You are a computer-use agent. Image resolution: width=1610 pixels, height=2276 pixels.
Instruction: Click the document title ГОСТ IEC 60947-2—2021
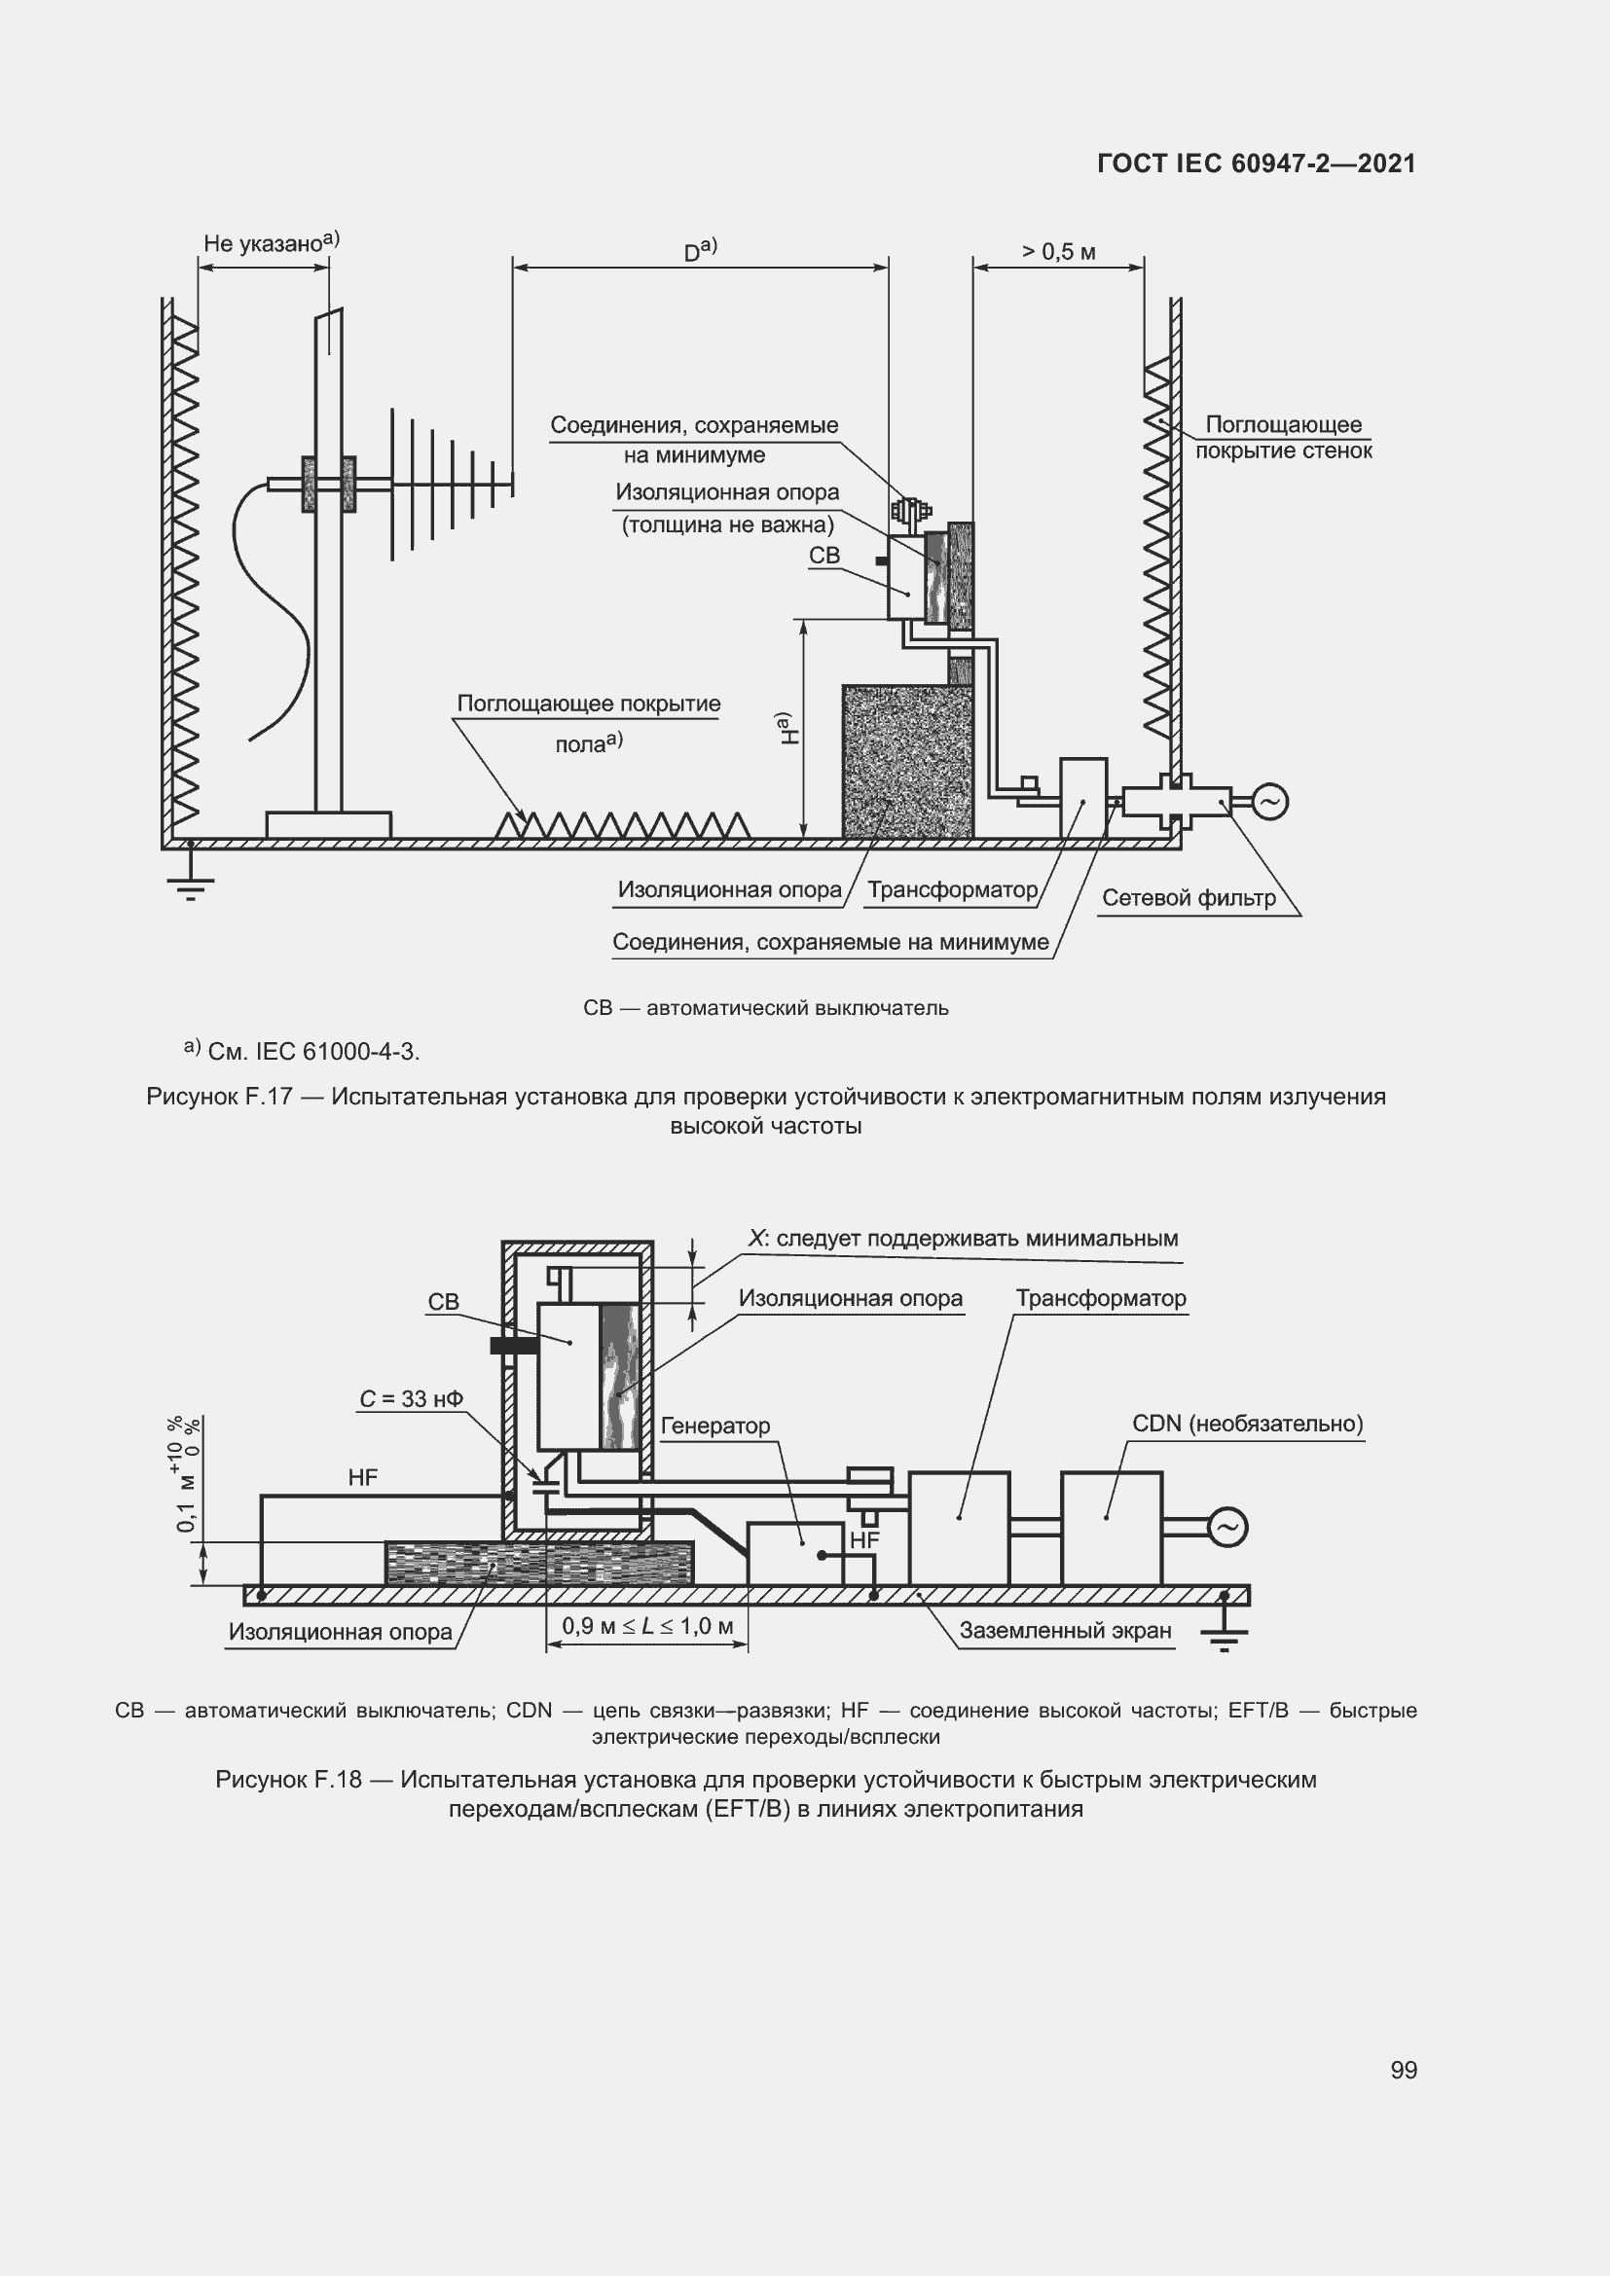coord(1256,163)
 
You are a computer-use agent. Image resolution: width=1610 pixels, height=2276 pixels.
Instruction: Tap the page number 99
coord(1404,2070)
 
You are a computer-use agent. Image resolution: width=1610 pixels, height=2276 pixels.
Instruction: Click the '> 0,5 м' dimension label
coord(1059,252)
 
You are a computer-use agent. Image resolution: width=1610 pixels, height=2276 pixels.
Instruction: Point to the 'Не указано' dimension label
coord(266,244)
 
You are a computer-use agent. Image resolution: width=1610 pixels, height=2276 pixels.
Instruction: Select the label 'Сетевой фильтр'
coord(1189,898)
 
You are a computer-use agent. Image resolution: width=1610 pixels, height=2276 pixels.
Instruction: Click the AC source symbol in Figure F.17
coord(1270,801)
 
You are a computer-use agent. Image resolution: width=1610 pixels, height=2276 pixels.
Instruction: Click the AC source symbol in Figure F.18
coord(1227,1528)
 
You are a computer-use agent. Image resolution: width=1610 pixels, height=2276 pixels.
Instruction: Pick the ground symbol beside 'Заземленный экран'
coord(1226,1636)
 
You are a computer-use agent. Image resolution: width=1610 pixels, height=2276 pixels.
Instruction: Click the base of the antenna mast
coord(328,824)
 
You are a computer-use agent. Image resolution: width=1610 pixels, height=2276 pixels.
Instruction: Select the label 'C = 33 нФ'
coord(412,1398)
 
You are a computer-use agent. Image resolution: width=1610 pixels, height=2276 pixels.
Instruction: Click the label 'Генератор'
coord(714,1426)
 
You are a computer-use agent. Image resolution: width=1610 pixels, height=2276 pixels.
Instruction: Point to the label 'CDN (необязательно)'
coord(1247,1424)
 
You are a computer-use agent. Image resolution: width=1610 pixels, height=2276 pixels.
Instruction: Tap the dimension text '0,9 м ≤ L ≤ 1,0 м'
coord(647,1626)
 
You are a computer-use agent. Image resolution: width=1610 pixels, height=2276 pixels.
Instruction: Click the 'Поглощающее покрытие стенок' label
coord(1283,437)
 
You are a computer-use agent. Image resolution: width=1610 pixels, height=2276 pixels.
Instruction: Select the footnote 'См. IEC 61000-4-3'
coord(313,1052)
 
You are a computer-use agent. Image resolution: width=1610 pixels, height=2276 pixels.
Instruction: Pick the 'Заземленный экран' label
coord(1065,1631)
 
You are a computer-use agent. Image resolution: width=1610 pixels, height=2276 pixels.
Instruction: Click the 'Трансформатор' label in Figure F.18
coord(1101,1299)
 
